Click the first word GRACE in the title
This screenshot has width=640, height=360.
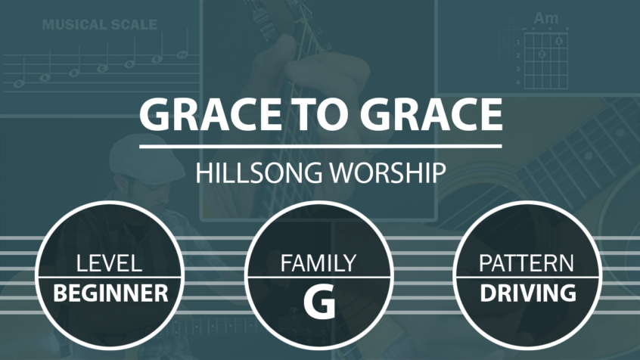tap(210, 114)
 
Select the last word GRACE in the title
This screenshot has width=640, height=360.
tap(431, 114)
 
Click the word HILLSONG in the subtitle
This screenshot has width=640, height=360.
tap(259, 172)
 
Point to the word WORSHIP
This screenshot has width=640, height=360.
tap(387, 172)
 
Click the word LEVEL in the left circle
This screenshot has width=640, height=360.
tap(110, 263)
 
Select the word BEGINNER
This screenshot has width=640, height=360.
tap(110, 293)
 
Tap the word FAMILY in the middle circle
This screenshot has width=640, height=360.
tap(318, 263)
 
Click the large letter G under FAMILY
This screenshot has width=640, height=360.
tap(319, 302)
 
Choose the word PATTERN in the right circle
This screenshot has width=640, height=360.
tap(527, 263)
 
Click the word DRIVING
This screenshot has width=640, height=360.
tap(528, 293)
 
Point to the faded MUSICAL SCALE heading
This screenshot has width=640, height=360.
tap(100, 24)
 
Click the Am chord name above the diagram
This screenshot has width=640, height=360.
tap(546, 18)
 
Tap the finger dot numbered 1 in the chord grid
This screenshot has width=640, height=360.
tap(559, 41)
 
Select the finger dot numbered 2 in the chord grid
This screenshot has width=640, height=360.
tap(542, 54)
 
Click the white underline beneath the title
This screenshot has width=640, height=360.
tap(321, 146)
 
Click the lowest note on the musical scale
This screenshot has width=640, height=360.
tap(19, 84)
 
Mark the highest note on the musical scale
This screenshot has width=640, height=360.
tap(182, 54)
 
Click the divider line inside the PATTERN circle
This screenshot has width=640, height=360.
tap(527, 278)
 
